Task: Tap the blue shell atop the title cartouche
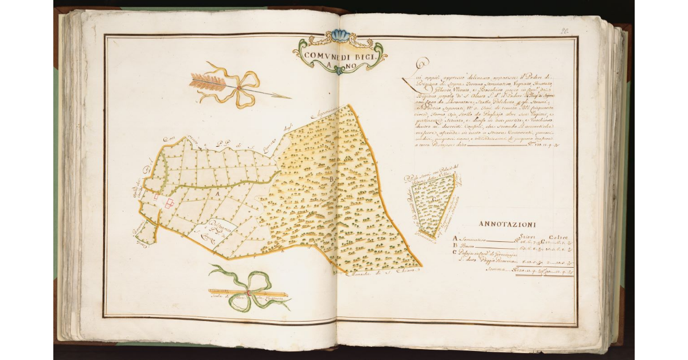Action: [341, 36]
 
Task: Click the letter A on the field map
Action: [217, 194]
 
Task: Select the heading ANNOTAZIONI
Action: [507, 224]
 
